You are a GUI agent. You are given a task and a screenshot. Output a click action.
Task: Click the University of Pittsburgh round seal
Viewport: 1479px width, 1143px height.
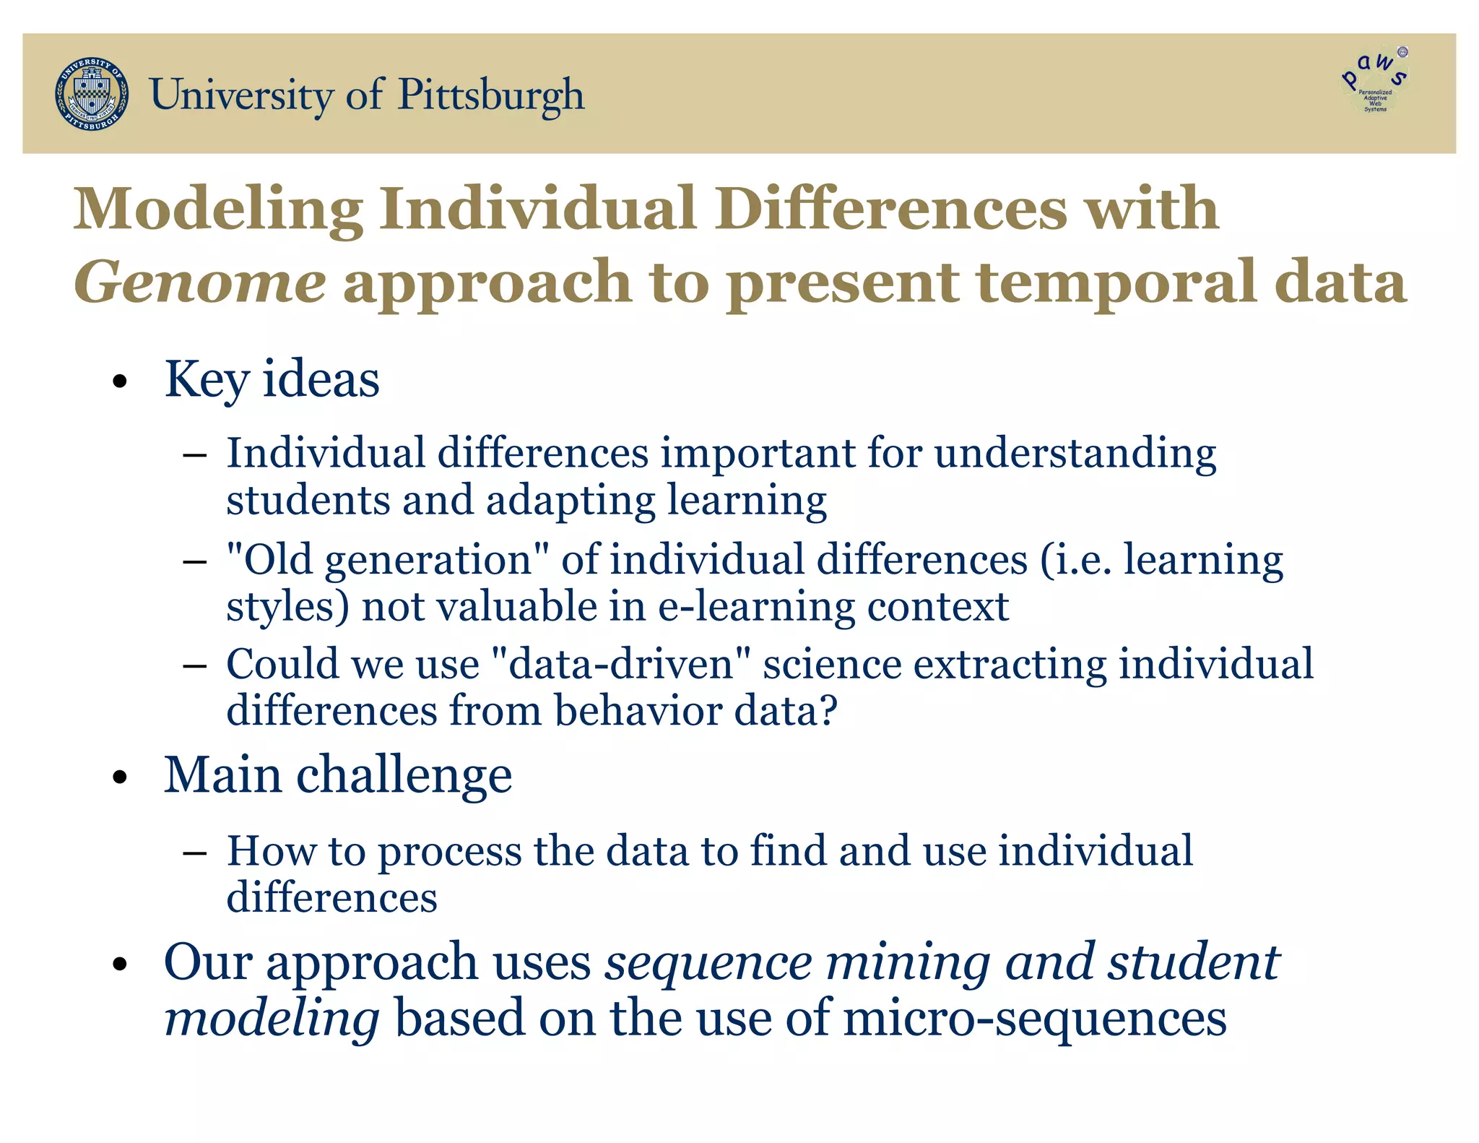click(92, 94)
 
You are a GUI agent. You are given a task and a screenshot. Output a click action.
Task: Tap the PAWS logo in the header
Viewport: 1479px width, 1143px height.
click(1374, 81)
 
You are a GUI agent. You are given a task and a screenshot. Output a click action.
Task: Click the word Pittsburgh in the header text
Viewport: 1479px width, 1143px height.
click(491, 95)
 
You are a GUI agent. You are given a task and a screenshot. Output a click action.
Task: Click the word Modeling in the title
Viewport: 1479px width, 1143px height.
click(217, 210)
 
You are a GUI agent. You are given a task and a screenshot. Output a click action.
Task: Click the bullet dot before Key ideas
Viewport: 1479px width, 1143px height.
click(120, 382)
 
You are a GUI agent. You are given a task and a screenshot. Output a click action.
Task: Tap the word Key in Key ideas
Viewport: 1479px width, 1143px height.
click(206, 380)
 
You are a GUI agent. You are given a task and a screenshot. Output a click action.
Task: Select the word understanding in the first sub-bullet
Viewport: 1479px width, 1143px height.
click(1075, 454)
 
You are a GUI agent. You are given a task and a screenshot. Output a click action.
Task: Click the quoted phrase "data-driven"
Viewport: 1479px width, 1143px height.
click(621, 665)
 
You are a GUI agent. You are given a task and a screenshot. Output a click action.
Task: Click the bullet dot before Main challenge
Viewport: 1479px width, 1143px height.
click(120, 777)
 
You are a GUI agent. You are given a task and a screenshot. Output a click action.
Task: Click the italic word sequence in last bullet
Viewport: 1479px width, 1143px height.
click(708, 964)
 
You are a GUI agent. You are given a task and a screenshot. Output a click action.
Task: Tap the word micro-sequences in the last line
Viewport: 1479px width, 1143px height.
click(1034, 1019)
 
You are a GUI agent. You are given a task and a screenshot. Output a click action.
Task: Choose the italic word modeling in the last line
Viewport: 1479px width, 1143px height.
click(272, 1019)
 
